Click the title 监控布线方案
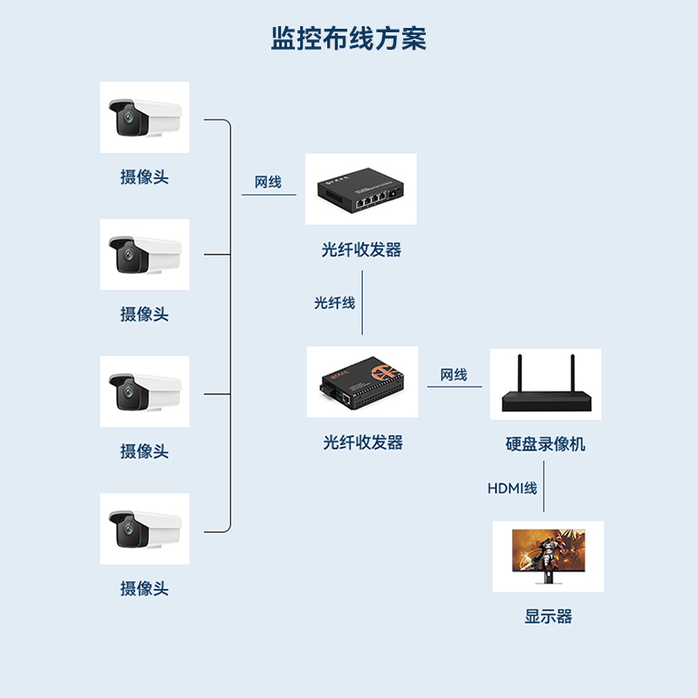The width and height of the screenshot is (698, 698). click(x=349, y=38)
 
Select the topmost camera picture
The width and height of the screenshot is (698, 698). click(x=145, y=117)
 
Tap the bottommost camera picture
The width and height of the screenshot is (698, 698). click(x=145, y=529)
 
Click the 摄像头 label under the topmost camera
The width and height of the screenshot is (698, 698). click(x=144, y=177)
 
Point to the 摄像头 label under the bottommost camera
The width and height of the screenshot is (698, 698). click(x=144, y=588)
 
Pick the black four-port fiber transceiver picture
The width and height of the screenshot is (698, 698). click(x=361, y=189)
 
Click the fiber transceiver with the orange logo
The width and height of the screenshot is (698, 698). click(x=362, y=382)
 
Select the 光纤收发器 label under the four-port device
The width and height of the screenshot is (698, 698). click(x=361, y=250)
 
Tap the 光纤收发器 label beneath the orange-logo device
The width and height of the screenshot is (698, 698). click(x=363, y=442)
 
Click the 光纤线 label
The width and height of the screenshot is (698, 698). click(x=335, y=303)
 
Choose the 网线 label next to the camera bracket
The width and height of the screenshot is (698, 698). click(x=268, y=182)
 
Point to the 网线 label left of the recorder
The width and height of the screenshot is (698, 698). click(x=454, y=375)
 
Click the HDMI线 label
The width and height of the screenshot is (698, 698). click(x=512, y=489)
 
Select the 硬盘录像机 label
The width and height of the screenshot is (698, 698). click(x=545, y=444)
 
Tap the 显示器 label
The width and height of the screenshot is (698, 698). click(x=548, y=617)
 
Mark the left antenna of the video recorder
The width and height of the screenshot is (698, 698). click(x=519, y=373)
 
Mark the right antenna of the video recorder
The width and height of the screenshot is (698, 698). click(x=572, y=373)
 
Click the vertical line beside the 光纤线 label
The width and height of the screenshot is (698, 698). click(x=362, y=302)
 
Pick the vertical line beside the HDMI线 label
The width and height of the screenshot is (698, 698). click(x=544, y=487)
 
